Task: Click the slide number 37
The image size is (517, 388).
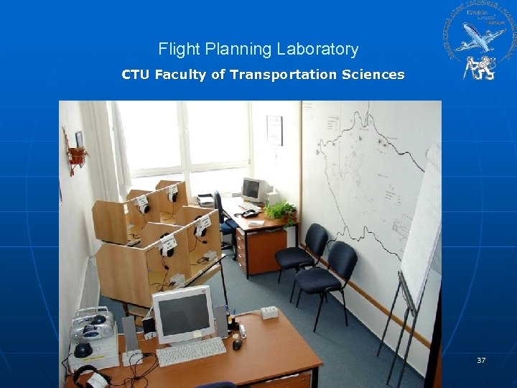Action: (x=481, y=360)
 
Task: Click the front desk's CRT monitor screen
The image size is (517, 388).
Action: (x=182, y=314)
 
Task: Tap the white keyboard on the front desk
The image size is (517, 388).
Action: (x=191, y=351)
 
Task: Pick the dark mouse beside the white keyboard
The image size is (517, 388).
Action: (x=236, y=345)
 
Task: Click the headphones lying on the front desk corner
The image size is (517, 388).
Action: (x=90, y=376)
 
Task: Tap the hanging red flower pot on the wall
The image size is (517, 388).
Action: (x=76, y=156)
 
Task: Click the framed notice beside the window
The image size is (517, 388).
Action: (x=274, y=130)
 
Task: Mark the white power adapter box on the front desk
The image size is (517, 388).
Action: (x=269, y=313)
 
